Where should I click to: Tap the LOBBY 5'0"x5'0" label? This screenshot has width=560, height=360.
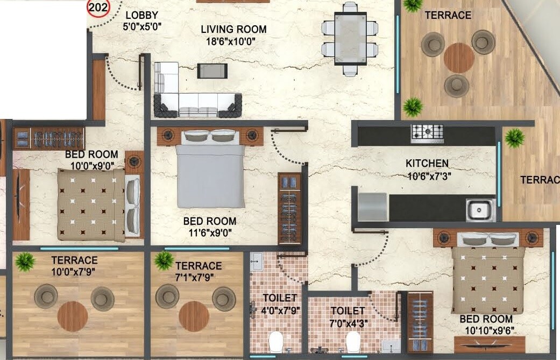click(143, 20)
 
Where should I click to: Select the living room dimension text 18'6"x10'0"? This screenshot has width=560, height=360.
click(233, 42)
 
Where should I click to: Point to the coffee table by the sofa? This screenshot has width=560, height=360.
click(212, 70)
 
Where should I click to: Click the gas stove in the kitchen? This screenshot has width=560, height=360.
click(427, 133)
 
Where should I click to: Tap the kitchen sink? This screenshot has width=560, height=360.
click(480, 209)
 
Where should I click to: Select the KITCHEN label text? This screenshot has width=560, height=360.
click(427, 163)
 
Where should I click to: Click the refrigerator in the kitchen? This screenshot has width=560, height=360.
click(372, 207)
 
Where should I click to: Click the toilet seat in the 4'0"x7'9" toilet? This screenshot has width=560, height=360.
click(276, 341)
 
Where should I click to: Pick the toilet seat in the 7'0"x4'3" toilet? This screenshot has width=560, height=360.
click(353, 341)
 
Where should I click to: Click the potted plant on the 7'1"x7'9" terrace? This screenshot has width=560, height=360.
click(163, 261)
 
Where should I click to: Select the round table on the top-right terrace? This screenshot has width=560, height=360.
click(459, 58)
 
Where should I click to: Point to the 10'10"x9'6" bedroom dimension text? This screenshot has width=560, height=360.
click(486, 329)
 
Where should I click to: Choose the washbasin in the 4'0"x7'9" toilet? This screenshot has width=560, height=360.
click(256, 262)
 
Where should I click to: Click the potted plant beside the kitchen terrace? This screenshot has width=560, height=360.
click(514, 138)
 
